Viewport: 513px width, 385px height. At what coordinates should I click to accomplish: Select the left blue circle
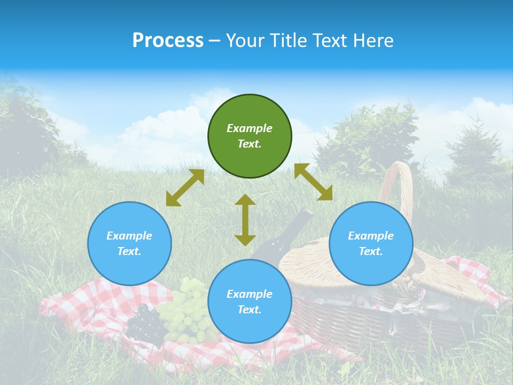point(129,243)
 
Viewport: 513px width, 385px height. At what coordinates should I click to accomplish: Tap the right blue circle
point(371,243)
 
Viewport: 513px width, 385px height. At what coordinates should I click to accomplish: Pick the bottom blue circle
point(250,302)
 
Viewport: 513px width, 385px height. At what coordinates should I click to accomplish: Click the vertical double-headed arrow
point(245,220)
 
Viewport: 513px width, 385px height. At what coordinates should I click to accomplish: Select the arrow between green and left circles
point(185,188)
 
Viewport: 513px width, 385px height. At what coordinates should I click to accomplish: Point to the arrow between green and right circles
point(313,182)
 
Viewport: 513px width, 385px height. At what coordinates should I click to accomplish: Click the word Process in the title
point(168,41)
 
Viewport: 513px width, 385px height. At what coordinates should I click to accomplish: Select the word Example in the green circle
point(250,128)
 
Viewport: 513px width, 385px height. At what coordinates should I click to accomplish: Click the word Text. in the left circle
point(129,251)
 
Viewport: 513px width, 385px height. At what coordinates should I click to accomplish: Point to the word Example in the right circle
point(371,236)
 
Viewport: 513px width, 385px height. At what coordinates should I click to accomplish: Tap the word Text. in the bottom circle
point(250,310)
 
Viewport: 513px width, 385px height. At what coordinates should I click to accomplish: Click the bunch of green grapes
point(187,313)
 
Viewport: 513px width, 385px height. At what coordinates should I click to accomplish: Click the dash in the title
point(215,41)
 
